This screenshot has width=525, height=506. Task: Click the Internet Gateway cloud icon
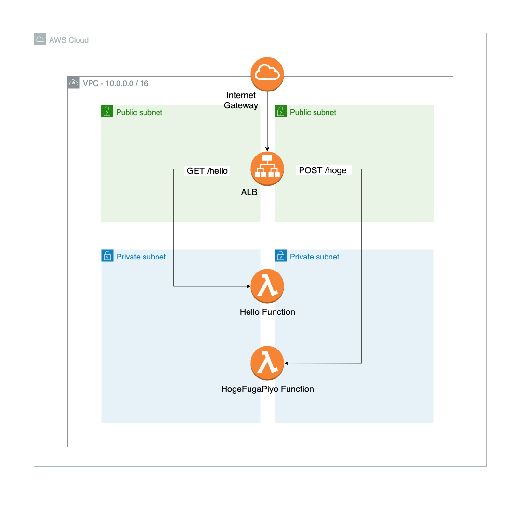coord(267,74)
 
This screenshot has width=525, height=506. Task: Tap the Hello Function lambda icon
coord(267,286)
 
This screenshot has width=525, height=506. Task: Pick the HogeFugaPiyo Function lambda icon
coord(267,363)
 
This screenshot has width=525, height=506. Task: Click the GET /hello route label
coord(207,170)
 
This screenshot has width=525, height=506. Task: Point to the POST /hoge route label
coord(323,170)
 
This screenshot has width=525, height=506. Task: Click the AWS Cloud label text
coord(69,40)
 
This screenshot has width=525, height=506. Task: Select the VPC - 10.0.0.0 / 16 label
coord(116,83)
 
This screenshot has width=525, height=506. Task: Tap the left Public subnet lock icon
coord(107,112)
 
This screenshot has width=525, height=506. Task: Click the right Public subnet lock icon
coord(281,112)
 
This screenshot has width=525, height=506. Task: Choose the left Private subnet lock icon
coord(107,256)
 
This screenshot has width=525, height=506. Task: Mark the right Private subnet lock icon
coord(281,256)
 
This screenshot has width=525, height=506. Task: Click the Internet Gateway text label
coord(241,100)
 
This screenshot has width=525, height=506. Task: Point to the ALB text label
coord(249,192)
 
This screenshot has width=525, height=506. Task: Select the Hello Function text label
coord(267,312)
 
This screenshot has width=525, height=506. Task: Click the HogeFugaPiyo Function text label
coord(267,389)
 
